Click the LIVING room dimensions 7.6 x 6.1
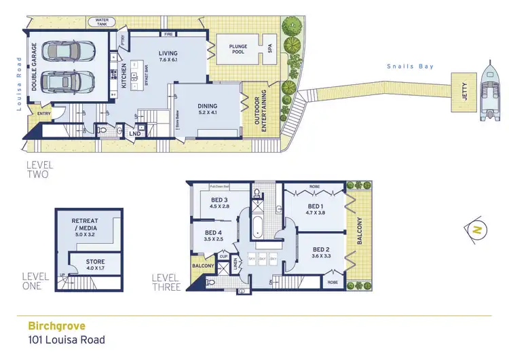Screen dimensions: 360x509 point(168,60)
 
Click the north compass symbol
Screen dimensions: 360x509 point(477,230)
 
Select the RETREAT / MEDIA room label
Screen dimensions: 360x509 point(88,225)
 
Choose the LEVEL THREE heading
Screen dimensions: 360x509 point(166,283)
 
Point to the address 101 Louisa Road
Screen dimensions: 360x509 point(67,340)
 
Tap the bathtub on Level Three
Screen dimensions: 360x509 point(258,226)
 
